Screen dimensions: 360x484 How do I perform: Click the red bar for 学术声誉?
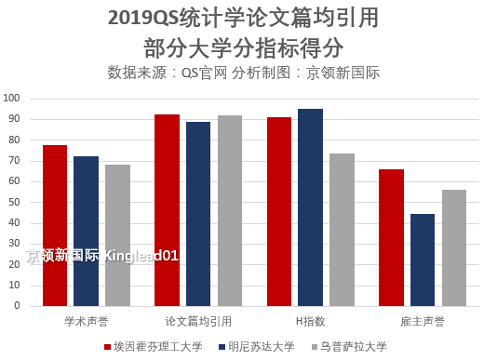[55, 226]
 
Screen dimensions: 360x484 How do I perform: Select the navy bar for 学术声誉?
[86, 232]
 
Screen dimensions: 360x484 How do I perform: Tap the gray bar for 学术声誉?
[117, 235]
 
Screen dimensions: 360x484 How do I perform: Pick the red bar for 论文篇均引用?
[167, 210]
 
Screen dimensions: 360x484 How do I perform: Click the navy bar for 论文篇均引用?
[198, 214]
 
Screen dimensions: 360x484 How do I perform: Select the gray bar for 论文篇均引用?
[230, 211]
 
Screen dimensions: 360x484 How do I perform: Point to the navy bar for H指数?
[310, 207]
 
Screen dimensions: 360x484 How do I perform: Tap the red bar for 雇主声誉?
[391, 238]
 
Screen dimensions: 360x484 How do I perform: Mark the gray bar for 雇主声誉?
[454, 247]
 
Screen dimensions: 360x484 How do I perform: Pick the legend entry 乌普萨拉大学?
[354, 346]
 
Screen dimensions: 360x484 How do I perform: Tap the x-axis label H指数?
[310, 322]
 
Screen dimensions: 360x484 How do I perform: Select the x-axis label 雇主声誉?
[423, 322]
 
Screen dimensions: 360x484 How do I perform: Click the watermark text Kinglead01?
[141, 255]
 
